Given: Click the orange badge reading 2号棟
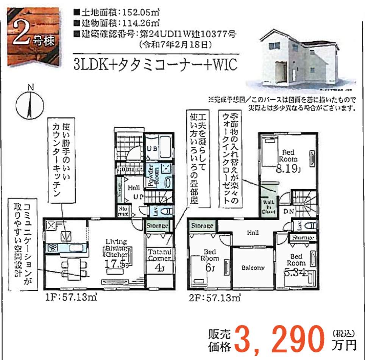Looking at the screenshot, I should pos(34,36).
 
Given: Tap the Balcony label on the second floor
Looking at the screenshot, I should pos(253,268).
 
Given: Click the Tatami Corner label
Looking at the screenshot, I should pos(159,255).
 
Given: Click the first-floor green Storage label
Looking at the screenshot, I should pos(157,226).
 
